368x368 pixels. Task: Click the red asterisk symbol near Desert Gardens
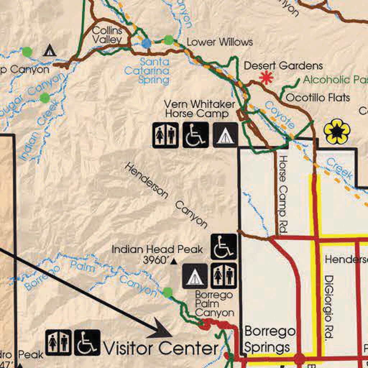[266, 78]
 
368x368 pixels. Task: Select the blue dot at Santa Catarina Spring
[146, 43]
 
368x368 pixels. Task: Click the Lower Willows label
[220, 42]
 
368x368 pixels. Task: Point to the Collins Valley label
[107, 35]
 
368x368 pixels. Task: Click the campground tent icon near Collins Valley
[50, 51]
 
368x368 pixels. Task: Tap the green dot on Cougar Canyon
[45, 97]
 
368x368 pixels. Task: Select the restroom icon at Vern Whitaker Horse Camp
[165, 135]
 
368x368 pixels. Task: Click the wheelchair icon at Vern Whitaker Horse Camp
[195, 135]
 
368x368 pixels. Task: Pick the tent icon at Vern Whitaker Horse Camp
[225, 135]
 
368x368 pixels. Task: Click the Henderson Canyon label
[166, 195]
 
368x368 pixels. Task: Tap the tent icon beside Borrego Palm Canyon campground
[195, 276]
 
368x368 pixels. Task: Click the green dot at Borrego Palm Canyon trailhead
[167, 292]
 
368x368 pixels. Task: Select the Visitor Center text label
[161, 348]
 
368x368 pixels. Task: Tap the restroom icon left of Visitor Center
[58, 342]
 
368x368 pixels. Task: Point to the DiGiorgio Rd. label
[328, 308]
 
